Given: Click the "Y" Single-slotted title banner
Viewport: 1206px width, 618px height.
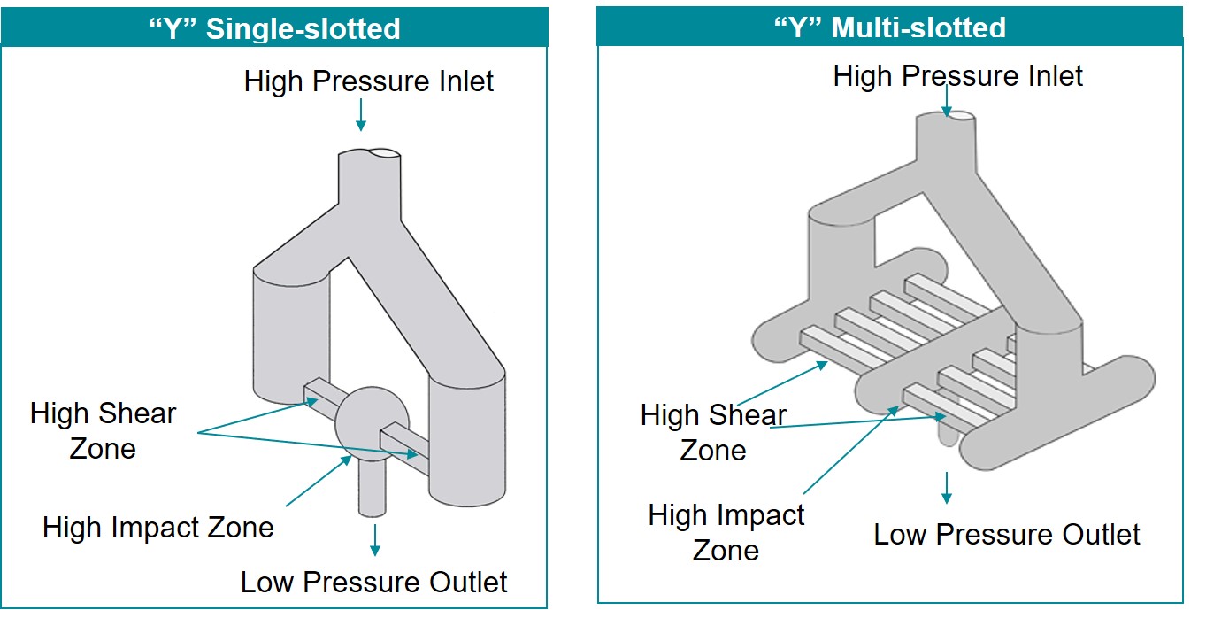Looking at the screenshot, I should coord(274,27).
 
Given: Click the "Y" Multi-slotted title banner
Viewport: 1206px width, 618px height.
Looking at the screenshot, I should coord(890,27).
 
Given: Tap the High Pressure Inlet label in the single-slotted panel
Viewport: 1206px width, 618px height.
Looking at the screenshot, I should coord(369,81).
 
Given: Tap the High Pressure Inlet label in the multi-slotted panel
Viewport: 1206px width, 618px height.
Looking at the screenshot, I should coord(958,76).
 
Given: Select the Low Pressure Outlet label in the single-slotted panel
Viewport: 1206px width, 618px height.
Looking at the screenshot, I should coord(374,583).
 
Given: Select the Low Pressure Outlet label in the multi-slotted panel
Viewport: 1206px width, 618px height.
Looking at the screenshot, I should coord(1007,535).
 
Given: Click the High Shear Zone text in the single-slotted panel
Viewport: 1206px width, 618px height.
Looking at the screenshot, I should coord(104,430).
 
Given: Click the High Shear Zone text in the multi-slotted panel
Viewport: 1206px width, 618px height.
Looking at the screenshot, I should coord(713,432).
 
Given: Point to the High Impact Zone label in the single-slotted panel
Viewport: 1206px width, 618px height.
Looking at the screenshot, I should coord(158,529).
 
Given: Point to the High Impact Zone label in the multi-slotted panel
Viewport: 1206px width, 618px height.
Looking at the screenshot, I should coord(726,532).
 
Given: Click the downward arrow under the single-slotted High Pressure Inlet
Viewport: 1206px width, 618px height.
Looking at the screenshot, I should coord(360,115).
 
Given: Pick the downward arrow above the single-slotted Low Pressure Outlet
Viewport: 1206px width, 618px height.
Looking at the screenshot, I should coord(376,539).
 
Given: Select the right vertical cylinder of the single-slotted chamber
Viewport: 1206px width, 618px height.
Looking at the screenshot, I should coord(467,434).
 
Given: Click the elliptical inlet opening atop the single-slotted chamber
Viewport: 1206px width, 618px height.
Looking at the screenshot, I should coord(381,152).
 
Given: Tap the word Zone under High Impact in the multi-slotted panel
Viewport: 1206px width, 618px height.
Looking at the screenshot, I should coord(726,550).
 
